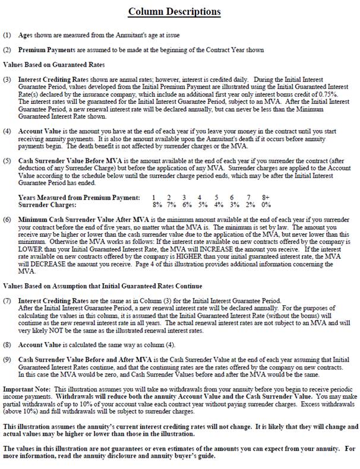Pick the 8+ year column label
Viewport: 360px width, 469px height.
coord(266,197)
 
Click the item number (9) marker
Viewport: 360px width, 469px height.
coord(7,360)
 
